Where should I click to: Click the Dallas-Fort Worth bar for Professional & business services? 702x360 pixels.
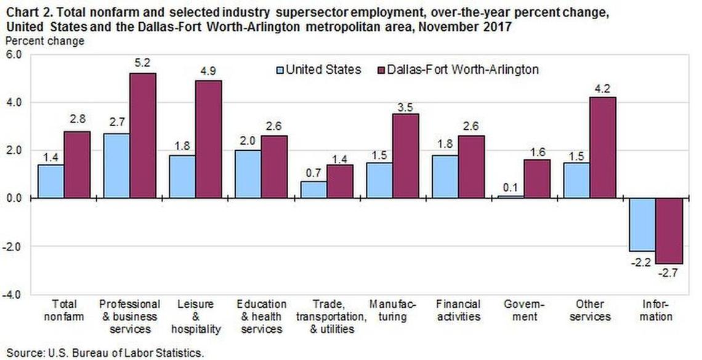[x=143, y=135]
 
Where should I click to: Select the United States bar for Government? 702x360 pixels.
[x=510, y=196]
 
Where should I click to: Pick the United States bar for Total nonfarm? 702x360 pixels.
[x=50, y=181]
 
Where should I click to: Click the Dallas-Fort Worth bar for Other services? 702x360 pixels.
[x=602, y=148]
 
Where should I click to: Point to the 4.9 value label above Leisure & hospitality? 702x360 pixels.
[x=208, y=71]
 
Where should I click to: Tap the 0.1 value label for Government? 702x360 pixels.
[x=510, y=186]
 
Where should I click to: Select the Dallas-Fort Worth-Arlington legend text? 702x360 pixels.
[x=462, y=70]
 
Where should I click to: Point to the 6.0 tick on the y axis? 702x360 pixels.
[x=14, y=54]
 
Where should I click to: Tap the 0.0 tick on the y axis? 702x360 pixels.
[x=14, y=198]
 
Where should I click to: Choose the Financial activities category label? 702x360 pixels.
[x=458, y=311]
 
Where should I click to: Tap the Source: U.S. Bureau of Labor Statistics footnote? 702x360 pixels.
[x=103, y=353]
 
